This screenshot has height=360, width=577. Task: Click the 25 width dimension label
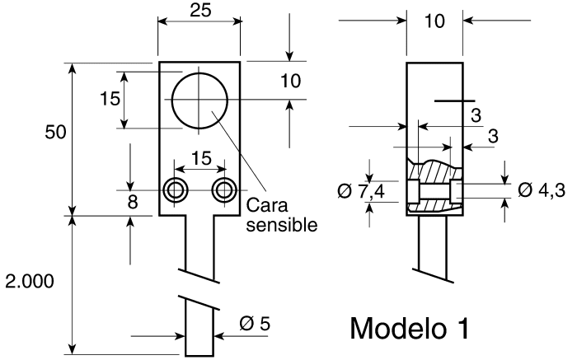pos(200,10)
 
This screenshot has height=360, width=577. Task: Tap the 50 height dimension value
pos(55,132)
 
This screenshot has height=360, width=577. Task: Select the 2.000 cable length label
pos(30,281)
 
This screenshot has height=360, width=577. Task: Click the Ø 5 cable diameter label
pos(255,324)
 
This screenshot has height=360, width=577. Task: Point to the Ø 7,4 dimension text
pos(361,191)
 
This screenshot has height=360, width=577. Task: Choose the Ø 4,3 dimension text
pos(542,190)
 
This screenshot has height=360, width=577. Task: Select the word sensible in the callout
pos(282,225)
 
